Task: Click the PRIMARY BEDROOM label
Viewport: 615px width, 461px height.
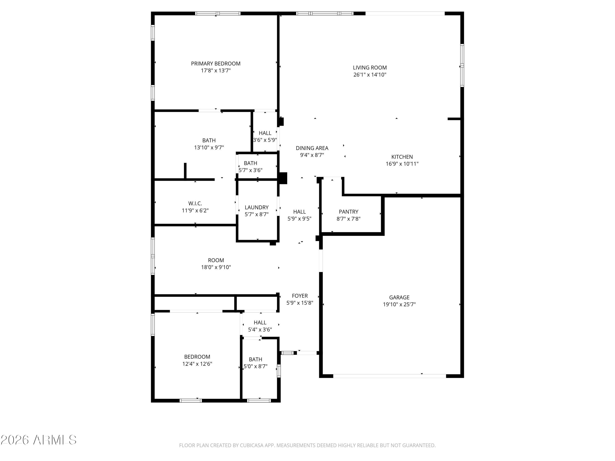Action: click(x=215, y=64)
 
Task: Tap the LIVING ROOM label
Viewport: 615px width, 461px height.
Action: click(x=370, y=68)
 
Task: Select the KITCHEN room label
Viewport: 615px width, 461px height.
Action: click(x=402, y=157)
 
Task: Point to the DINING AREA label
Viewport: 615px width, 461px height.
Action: click(x=312, y=148)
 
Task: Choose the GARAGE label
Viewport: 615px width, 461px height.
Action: click(x=399, y=297)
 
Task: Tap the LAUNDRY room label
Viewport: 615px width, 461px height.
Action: click(x=257, y=207)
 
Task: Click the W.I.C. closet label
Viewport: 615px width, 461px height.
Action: click(x=195, y=203)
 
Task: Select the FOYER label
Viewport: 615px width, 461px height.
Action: click(x=300, y=296)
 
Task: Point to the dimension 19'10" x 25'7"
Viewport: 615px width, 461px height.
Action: click(x=399, y=304)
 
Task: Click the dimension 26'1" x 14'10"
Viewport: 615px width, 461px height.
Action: click(x=370, y=74)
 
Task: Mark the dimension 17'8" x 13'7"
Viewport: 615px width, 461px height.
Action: click(x=216, y=70)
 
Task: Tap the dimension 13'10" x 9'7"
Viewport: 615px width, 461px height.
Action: click(x=209, y=148)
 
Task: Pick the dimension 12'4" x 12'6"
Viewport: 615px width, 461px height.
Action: click(x=197, y=364)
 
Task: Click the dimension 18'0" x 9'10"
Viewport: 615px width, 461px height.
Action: click(x=216, y=267)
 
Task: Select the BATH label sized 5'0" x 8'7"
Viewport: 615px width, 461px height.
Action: click(x=255, y=359)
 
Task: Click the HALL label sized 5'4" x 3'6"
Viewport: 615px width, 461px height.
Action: click(x=260, y=323)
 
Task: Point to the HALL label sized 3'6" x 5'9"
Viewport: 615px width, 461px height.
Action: click(x=265, y=133)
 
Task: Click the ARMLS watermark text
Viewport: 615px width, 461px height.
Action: click(x=55, y=440)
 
